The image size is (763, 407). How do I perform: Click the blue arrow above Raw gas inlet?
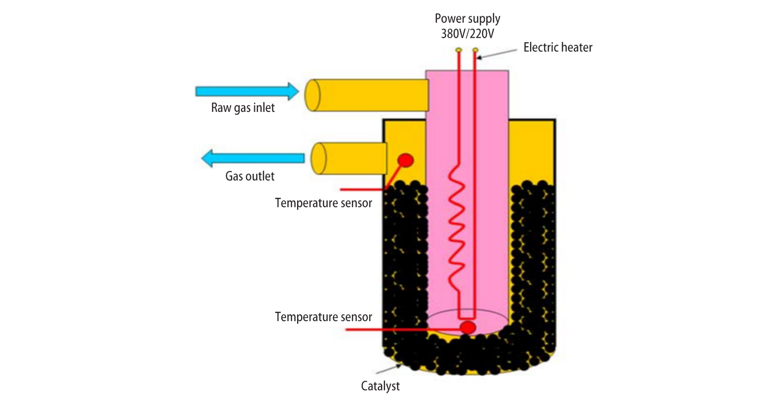click(x=247, y=91)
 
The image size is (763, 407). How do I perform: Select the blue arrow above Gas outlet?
click(x=253, y=158)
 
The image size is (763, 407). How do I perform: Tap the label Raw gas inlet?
click(x=243, y=108)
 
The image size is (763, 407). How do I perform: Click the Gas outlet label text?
click(x=250, y=176)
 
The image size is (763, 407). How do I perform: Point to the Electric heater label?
click(x=558, y=47)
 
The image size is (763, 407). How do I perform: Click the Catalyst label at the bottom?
click(x=380, y=386)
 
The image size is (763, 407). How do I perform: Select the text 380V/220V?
click(x=467, y=34)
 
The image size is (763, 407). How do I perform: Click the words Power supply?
click(x=467, y=18)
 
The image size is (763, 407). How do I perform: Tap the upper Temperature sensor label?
click(x=323, y=202)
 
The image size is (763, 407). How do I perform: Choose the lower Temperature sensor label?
click(x=323, y=317)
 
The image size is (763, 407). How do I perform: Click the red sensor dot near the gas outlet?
click(x=406, y=160)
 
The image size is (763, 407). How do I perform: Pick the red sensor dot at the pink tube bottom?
click(x=467, y=328)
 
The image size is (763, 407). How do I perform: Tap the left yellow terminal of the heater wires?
click(x=458, y=50)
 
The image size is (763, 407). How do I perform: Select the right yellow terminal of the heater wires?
click(x=475, y=50)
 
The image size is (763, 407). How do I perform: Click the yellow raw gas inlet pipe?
click(x=367, y=95)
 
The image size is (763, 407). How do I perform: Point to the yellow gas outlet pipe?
click(x=349, y=158)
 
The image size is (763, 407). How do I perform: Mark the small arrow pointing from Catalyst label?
click(x=389, y=369)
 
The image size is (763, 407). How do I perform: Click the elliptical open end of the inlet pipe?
click(x=312, y=95)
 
